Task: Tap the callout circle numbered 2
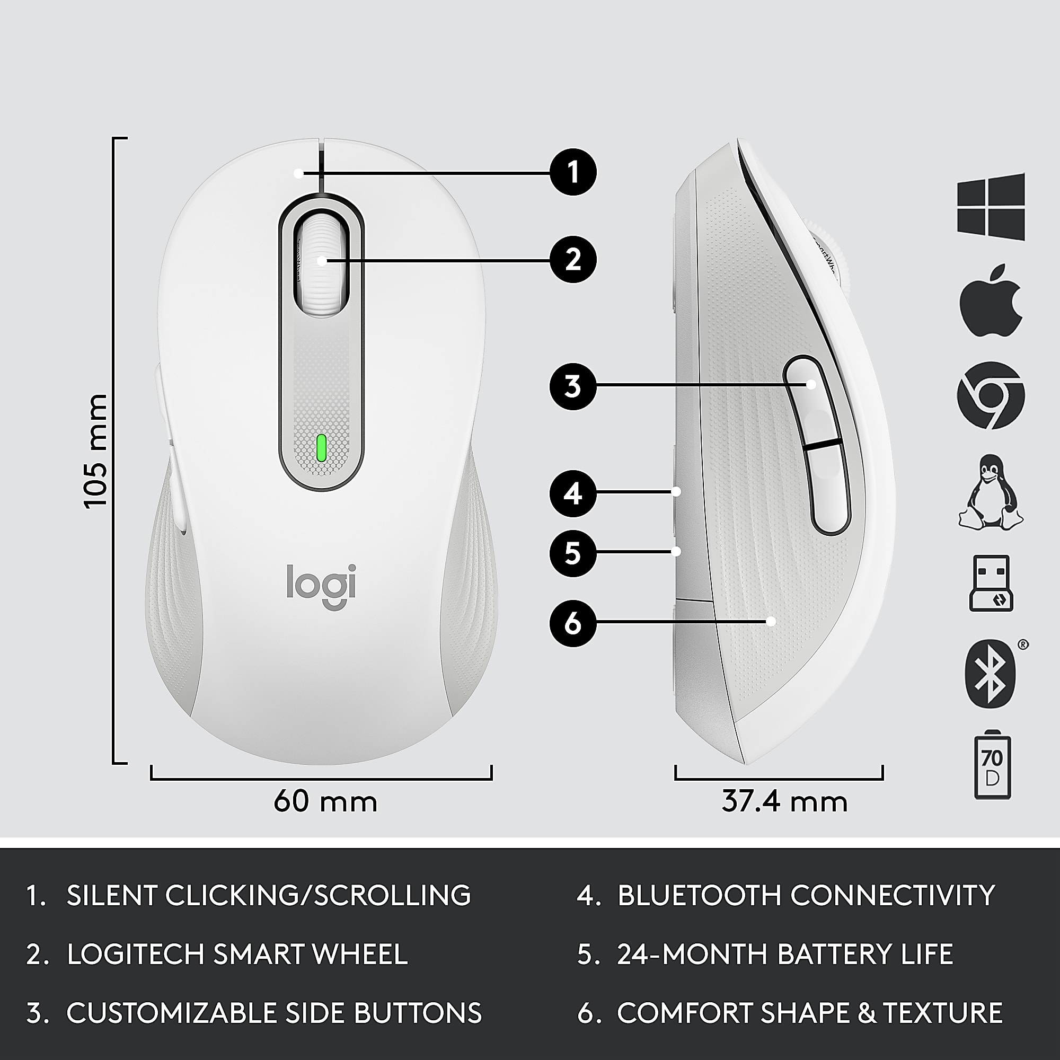point(573,259)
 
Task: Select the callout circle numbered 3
point(573,387)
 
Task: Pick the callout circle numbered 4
point(573,494)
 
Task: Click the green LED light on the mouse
point(322,448)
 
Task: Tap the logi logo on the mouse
point(322,586)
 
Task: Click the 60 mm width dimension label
point(325,801)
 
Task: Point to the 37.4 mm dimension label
point(784,801)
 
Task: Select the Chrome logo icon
point(991,395)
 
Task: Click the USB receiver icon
point(991,583)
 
